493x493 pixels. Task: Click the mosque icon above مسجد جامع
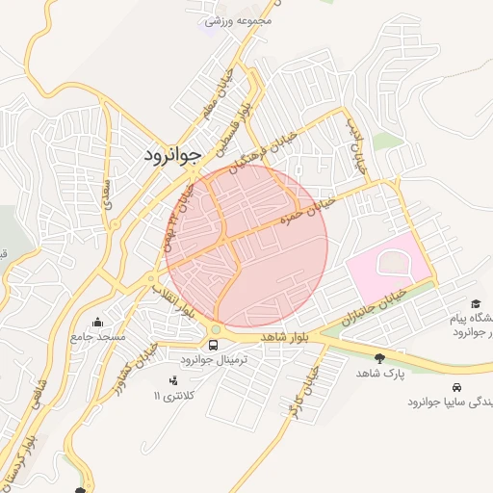point(97,323)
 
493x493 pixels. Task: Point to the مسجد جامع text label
point(97,338)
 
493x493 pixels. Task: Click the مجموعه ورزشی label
point(238,19)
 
